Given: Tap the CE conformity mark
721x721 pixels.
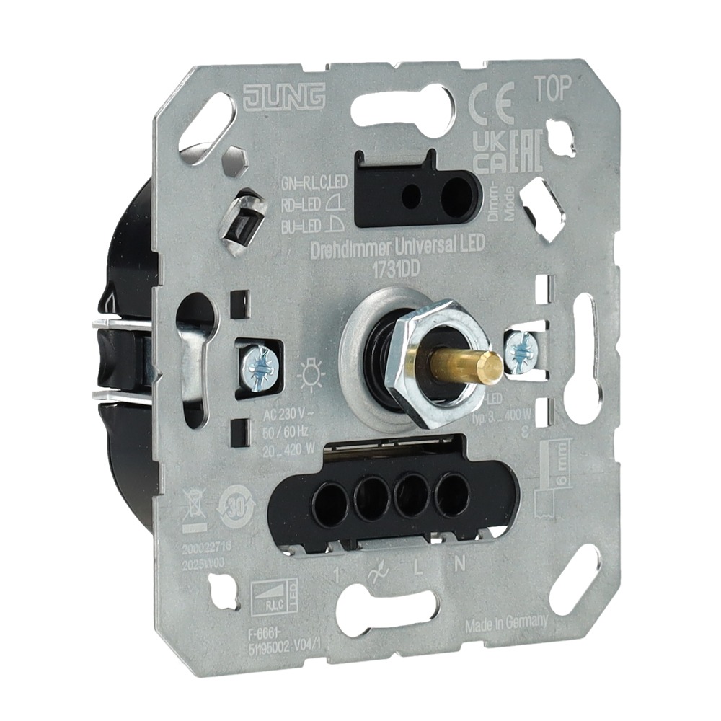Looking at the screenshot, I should (491, 107).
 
